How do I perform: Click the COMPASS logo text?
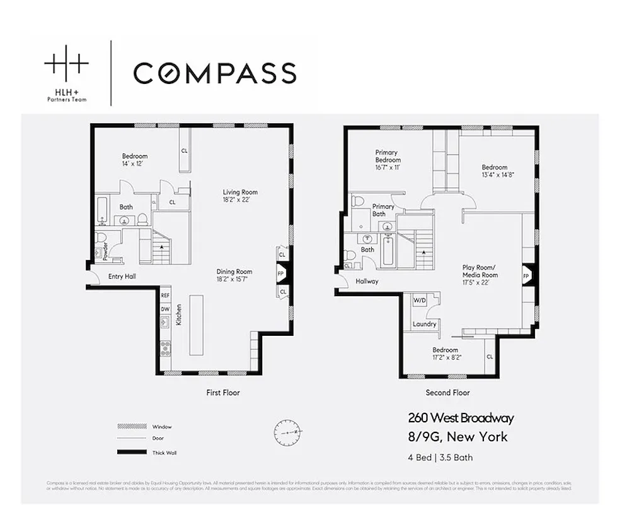click(215, 73)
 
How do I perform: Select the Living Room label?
click(240, 196)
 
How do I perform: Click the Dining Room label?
click(234, 275)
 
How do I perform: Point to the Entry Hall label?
click(122, 276)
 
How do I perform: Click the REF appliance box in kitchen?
click(165, 295)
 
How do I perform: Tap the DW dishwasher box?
click(165, 309)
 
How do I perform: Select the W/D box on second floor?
click(420, 301)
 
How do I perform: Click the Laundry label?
click(425, 324)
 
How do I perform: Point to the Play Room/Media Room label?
click(480, 275)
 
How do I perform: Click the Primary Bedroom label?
click(388, 160)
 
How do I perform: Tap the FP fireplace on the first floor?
click(281, 274)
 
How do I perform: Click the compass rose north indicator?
click(287, 432)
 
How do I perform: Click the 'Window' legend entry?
click(162, 427)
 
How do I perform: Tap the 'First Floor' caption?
click(223, 393)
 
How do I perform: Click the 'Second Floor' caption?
click(447, 393)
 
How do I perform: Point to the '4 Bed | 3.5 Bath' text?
click(440, 457)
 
